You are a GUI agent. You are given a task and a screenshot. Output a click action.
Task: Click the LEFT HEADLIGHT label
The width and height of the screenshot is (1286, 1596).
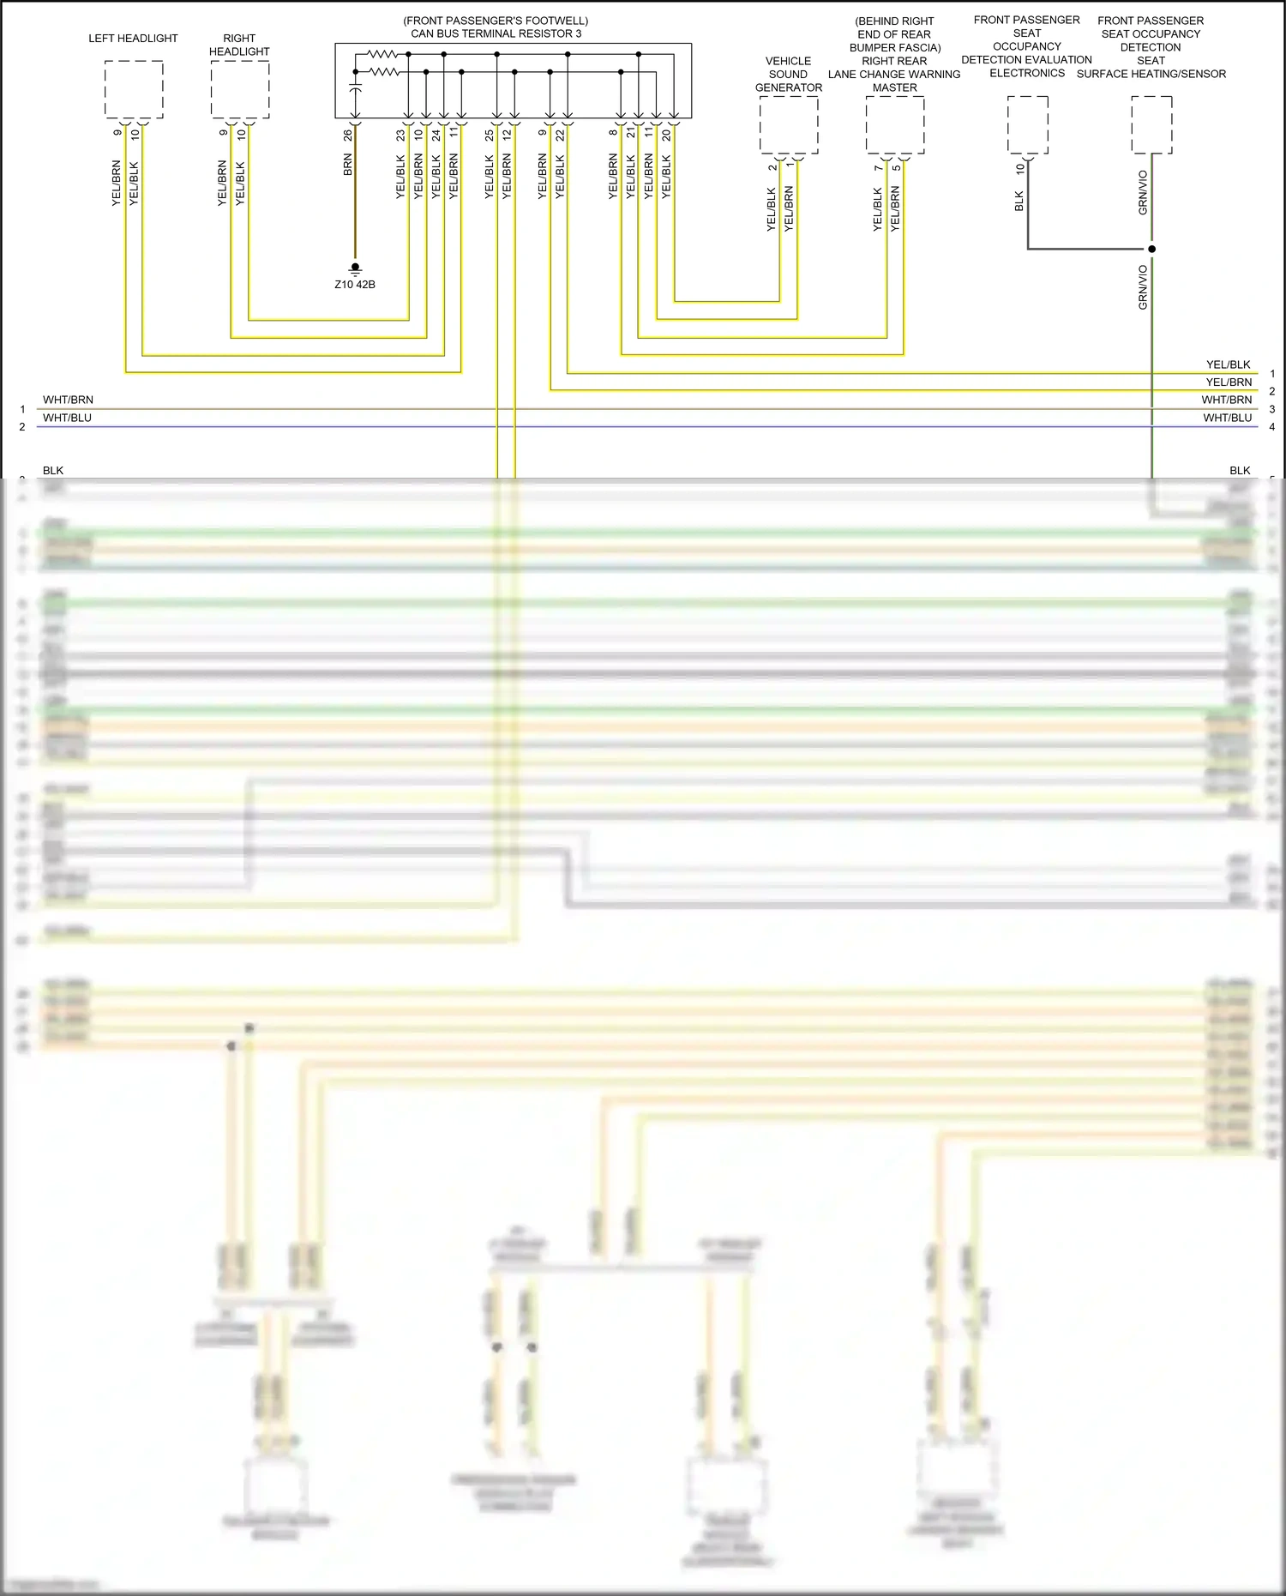[133, 39]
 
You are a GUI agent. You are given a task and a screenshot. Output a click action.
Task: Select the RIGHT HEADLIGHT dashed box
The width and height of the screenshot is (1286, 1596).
[240, 89]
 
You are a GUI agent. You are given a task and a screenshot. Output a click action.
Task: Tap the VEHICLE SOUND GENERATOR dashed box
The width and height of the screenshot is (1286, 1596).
[789, 125]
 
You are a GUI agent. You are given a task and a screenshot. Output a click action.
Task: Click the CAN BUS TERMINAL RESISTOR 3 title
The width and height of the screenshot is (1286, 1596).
[496, 33]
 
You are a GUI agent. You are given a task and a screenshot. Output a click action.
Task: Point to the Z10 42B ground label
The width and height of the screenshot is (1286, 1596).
[354, 285]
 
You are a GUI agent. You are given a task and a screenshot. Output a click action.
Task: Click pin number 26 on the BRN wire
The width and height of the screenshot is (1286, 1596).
[347, 136]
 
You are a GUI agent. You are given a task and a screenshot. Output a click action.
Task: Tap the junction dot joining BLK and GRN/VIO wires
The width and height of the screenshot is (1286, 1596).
[1151, 250]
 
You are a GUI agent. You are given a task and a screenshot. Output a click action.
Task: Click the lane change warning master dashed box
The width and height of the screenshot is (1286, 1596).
[895, 125]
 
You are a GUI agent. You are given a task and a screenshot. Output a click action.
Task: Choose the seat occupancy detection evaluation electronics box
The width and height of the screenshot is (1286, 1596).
[1027, 125]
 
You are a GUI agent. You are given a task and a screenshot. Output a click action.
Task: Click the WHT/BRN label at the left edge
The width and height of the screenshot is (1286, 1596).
[68, 400]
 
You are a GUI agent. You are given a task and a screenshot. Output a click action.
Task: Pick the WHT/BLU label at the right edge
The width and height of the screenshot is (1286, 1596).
[1227, 418]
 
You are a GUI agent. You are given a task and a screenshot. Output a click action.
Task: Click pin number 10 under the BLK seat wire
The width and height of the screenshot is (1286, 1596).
[1019, 169]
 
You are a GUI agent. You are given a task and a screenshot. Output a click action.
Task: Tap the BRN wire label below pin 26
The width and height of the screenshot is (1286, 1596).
[347, 166]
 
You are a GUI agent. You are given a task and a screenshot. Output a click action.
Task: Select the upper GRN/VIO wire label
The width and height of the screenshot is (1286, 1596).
[1143, 192]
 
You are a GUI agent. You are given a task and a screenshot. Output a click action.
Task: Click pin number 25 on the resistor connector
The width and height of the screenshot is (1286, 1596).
[489, 136]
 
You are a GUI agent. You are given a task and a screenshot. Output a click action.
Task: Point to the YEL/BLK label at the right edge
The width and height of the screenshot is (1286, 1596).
[1228, 364]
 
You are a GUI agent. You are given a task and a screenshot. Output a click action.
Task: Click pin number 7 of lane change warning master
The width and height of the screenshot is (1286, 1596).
[878, 168]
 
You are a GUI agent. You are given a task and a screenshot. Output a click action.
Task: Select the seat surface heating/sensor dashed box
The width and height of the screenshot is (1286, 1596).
[1151, 125]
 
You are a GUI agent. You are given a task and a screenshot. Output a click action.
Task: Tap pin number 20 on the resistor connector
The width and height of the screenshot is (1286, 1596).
[666, 136]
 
